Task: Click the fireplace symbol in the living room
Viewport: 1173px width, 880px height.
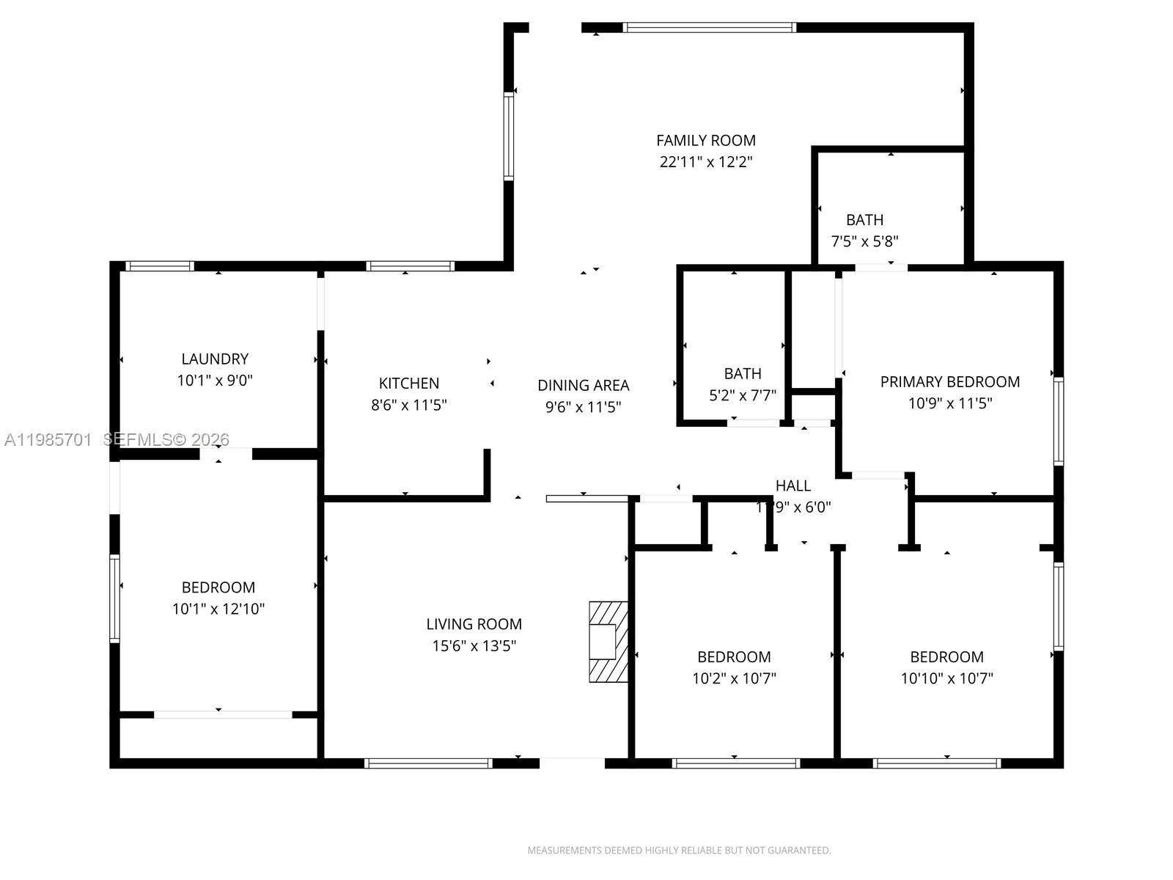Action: [x=608, y=642]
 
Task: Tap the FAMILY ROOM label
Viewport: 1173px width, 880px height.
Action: [x=705, y=140]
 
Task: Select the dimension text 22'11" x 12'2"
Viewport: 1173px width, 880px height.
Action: [x=705, y=162]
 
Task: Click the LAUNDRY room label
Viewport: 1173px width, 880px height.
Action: [x=215, y=359]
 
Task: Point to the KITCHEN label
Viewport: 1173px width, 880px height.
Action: [x=409, y=383]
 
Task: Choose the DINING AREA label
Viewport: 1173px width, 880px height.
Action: [x=583, y=385]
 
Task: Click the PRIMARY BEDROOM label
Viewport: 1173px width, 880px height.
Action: [x=949, y=381]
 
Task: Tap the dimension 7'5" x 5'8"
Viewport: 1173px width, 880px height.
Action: [x=864, y=241]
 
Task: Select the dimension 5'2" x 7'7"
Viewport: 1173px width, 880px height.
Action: [x=742, y=395]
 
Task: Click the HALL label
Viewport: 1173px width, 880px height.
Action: [x=793, y=485]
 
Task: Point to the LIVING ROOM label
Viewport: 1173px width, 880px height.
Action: [x=474, y=624]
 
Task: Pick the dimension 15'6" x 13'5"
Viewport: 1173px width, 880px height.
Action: [x=474, y=646]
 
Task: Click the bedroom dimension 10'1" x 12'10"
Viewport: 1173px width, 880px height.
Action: [x=218, y=609]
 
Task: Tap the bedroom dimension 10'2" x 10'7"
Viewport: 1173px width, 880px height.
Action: [x=733, y=678]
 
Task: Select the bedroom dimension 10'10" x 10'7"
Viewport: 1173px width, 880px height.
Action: [x=946, y=678]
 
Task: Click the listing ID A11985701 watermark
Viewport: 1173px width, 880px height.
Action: [x=48, y=439]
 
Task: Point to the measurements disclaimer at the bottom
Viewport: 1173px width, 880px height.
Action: [x=679, y=851]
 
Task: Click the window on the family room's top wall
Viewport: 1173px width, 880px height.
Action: [x=709, y=28]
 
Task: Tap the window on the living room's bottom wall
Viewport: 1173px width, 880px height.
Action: [x=428, y=763]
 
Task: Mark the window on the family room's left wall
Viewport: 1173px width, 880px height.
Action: [x=508, y=136]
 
